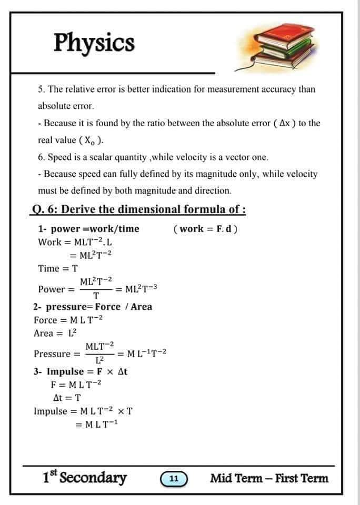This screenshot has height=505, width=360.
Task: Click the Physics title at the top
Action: click(x=94, y=42)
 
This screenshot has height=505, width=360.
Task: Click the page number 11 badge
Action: click(x=174, y=479)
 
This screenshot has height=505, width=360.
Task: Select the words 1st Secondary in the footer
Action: click(x=85, y=478)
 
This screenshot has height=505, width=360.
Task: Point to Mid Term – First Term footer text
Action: click(x=269, y=478)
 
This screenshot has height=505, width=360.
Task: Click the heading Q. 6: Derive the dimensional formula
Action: click(x=139, y=209)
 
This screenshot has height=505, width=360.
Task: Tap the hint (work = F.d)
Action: click(x=205, y=229)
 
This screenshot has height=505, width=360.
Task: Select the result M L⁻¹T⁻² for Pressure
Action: click(x=145, y=353)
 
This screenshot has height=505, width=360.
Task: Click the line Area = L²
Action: click(x=55, y=333)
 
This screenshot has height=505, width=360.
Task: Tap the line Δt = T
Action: click(x=68, y=398)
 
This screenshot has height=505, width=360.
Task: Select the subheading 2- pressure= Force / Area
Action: click(x=93, y=307)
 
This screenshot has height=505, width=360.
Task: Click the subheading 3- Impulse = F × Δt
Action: click(x=81, y=371)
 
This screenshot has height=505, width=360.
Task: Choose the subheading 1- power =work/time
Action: click(x=89, y=229)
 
